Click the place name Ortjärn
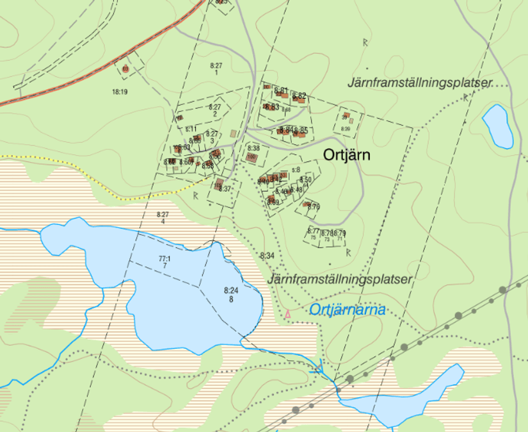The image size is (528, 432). click(x=347, y=155)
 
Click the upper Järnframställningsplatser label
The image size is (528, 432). click(x=419, y=83)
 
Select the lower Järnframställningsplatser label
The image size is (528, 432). click(x=339, y=279)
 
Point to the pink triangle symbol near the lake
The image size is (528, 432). click(x=288, y=314)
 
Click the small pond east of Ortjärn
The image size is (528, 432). click(x=497, y=126)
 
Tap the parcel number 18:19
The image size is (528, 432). click(x=120, y=92)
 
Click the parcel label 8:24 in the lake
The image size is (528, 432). click(x=231, y=291)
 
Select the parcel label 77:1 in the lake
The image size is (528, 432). click(x=164, y=259)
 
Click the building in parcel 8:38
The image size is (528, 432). click(x=252, y=157)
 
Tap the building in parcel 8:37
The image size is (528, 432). click(x=220, y=185)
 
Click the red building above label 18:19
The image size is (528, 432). click(x=125, y=68)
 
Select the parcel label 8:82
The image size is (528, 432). click(x=299, y=96)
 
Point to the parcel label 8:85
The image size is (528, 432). click(x=301, y=131)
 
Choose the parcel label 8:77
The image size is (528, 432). click(x=313, y=231)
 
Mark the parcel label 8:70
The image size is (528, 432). click(x=314, y=206)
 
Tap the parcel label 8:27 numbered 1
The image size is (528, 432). click(x=216, y=66)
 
